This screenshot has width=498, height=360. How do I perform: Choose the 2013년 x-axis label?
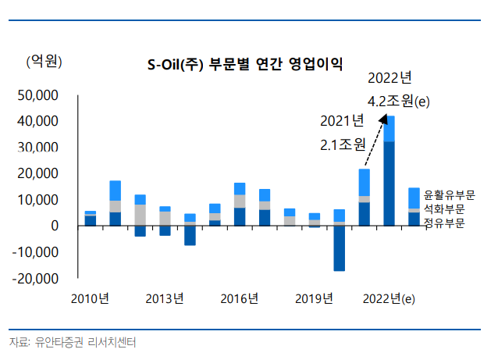165,298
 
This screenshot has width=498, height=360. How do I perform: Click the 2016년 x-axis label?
239,298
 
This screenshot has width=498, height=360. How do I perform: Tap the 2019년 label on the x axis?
315,298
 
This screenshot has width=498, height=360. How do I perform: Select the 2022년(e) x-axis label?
393,298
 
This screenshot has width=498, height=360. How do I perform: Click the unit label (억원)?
44,61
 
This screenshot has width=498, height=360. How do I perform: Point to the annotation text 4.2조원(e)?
399,102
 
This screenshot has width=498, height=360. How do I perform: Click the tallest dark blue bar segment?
389,184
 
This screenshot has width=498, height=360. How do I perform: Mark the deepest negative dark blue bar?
340,248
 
